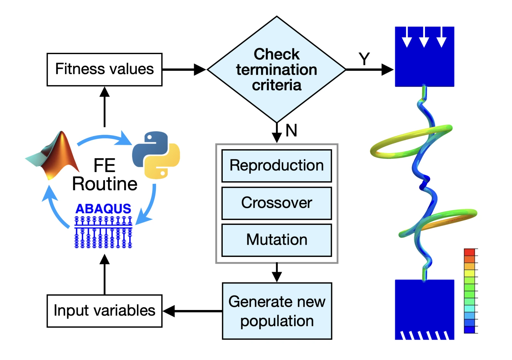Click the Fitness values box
104,70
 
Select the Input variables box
104,311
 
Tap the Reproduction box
276,166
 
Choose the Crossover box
276,203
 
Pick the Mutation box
276,240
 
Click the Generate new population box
277,311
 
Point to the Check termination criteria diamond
276,69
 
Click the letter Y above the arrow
364,59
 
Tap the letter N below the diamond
292,130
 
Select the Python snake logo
156,155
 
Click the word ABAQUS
103,209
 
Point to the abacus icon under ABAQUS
103,232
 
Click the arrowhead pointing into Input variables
169,311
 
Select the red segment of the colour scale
469,252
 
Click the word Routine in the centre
105,184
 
